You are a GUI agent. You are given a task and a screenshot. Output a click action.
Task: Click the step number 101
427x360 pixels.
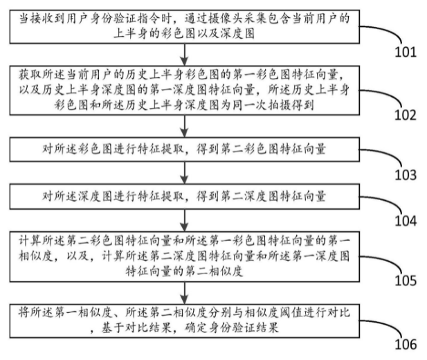tap(406, 52)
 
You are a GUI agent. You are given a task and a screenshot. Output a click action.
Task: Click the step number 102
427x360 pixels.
tap(406, 116)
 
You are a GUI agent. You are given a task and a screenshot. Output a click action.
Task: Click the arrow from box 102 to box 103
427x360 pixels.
tap(183, 125)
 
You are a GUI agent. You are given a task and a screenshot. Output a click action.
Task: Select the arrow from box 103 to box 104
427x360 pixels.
tap(183, 174)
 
